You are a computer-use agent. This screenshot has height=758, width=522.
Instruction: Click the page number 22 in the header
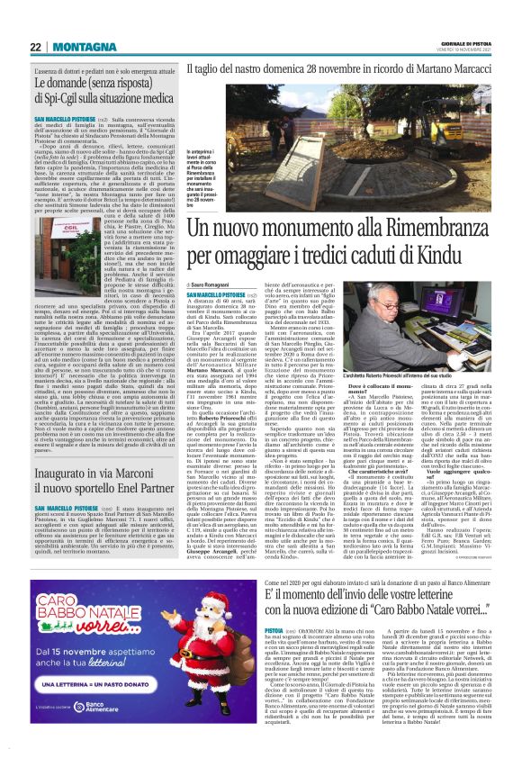pos(35,47)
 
